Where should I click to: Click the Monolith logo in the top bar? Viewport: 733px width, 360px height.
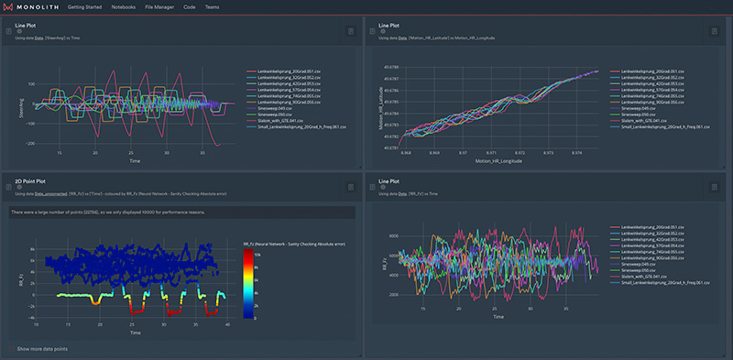point(32,6)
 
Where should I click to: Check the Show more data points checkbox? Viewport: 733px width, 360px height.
point(9,349)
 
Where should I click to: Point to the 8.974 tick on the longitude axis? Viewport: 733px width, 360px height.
point(574,152)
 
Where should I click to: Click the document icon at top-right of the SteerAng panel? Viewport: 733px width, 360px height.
point(350,30)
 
